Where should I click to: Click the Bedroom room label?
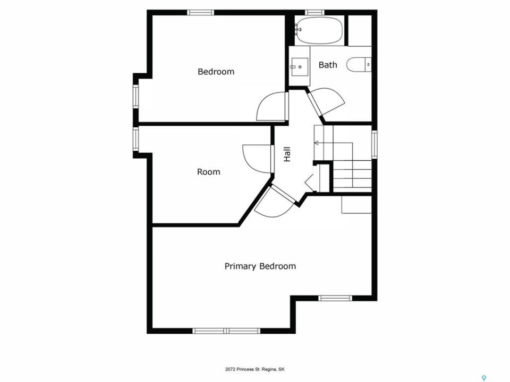point(216,72)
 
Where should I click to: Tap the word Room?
point(208,171)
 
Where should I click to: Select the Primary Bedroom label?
point(260,266)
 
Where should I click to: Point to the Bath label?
point(328,65)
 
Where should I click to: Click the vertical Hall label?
point(287,154)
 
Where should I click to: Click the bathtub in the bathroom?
point(319,31)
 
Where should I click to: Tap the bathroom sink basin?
point(300,67)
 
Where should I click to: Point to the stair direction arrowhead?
point(316,143)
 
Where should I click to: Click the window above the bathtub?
point(314,12)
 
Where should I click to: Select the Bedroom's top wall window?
point(201,12)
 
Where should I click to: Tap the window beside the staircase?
point(375,144)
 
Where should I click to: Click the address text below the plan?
point(255,369)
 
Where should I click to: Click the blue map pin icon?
point(483,378)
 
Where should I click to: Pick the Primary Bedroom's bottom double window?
point(226,331)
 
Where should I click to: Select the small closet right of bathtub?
point(360,31)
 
